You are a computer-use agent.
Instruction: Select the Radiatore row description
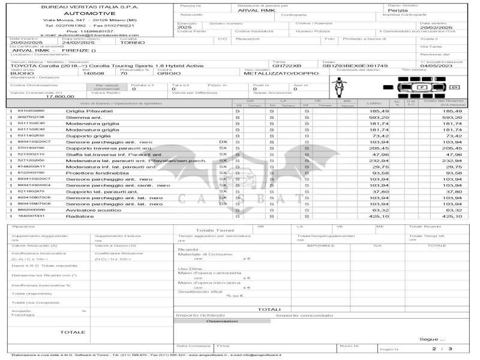[x=80, y=216]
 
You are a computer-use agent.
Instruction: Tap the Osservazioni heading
[x=222, y=321]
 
